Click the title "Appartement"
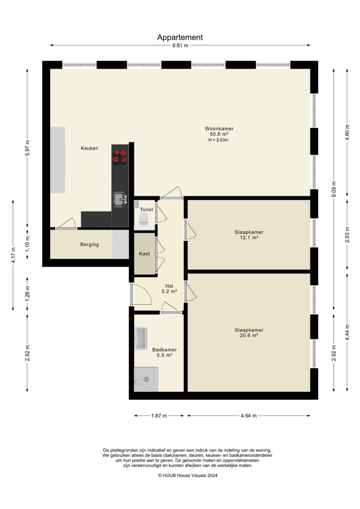click(180, 37)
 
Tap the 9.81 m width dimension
click(180, 46)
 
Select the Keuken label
click(90, 148)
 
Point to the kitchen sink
click(119, 199)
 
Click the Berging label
click(90, 245)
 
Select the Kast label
click(145, 254)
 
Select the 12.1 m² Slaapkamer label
click(249, 235)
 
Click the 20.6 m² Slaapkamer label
click(249, 333)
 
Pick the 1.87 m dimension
click(158, 416)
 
